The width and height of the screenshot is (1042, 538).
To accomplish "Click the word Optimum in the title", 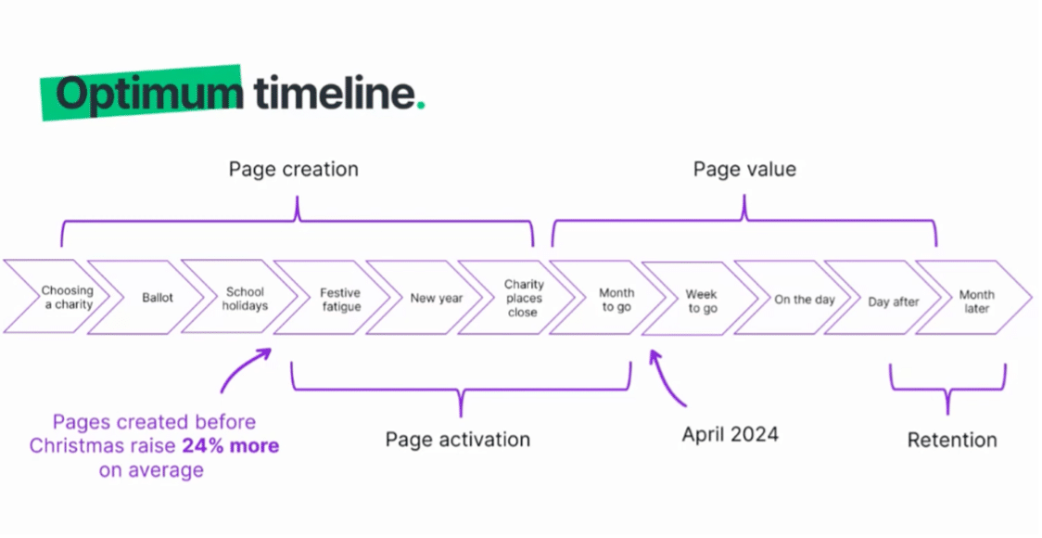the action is click(149, 94).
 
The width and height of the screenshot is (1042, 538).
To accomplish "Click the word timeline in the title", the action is click(335, 93).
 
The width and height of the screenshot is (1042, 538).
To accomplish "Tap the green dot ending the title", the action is click(421, 105).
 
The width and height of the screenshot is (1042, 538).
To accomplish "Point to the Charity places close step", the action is click(517, 298).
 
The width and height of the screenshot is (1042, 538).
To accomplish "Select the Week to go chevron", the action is click(700, 300).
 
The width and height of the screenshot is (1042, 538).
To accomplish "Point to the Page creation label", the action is click(294, 170).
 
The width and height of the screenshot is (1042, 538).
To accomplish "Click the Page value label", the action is click(744, 170).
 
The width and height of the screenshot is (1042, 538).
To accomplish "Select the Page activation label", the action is click(458, 440).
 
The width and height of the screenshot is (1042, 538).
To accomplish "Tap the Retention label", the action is click(952, 440).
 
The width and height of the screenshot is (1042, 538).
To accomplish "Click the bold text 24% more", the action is click(231, 445).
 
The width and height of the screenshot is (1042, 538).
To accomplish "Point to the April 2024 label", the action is click(731, 435).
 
